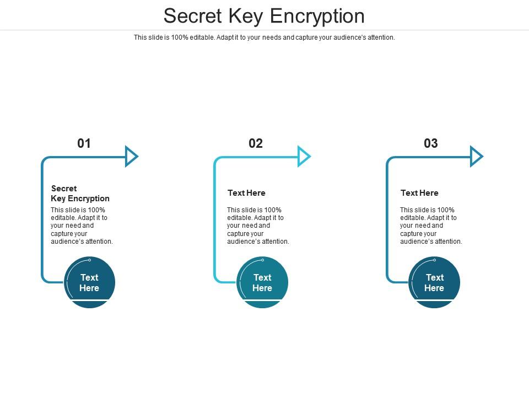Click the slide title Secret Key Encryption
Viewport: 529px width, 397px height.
pyautogui.click(x=264, y=16)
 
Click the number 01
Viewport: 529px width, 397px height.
pyautogui.click(x=84, y=143)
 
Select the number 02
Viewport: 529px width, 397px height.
pyautogui.click(x=256, y=143)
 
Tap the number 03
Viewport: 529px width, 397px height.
pyautogui.click(x=431, y=143)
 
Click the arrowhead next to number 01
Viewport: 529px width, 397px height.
pyautogui.click(x=131, y=157)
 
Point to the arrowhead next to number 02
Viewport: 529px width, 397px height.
pyautogui.click(x=304, y=157)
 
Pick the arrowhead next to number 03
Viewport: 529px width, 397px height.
pyautogui.click(x=476, y=157)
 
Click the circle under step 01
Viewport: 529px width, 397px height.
pyautogui.click(x=89, y=282)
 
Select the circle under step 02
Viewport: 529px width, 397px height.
pyautogui.click(x=262, y=282)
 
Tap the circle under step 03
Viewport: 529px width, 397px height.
pyautogui.click(x=434, y=282)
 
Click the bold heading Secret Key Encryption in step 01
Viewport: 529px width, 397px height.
pyautogui.click(x=80, y=194)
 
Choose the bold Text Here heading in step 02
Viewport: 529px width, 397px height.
pyautogui.click(x=246, y=193)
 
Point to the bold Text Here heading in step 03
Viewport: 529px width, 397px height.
pyautogui.click(x=419, y=193)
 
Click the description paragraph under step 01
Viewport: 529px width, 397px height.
pyautogui.click(x=82, y=226)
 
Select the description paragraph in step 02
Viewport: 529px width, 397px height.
pyautogui.click(x=258, y=226)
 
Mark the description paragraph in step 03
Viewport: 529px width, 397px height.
pyautogui.click(x=431, y=226)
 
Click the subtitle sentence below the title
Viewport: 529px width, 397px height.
pyautogui.click(x=264, y=37)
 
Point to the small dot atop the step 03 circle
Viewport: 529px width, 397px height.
pyautogui.click(x=434, y=260)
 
